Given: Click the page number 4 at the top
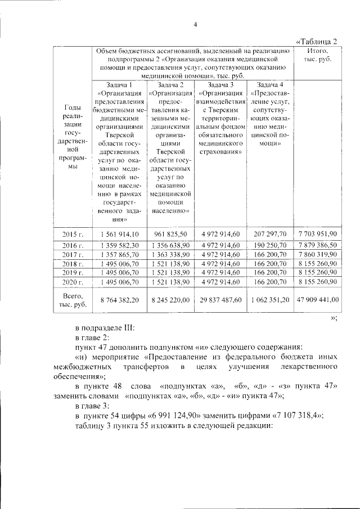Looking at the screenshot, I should point(195,24).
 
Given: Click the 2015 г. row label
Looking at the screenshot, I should point(74,234).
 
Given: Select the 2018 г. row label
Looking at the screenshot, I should point(74,264).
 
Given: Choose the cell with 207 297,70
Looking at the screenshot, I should point(270,234).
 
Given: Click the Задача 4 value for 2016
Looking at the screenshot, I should point(270,245).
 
